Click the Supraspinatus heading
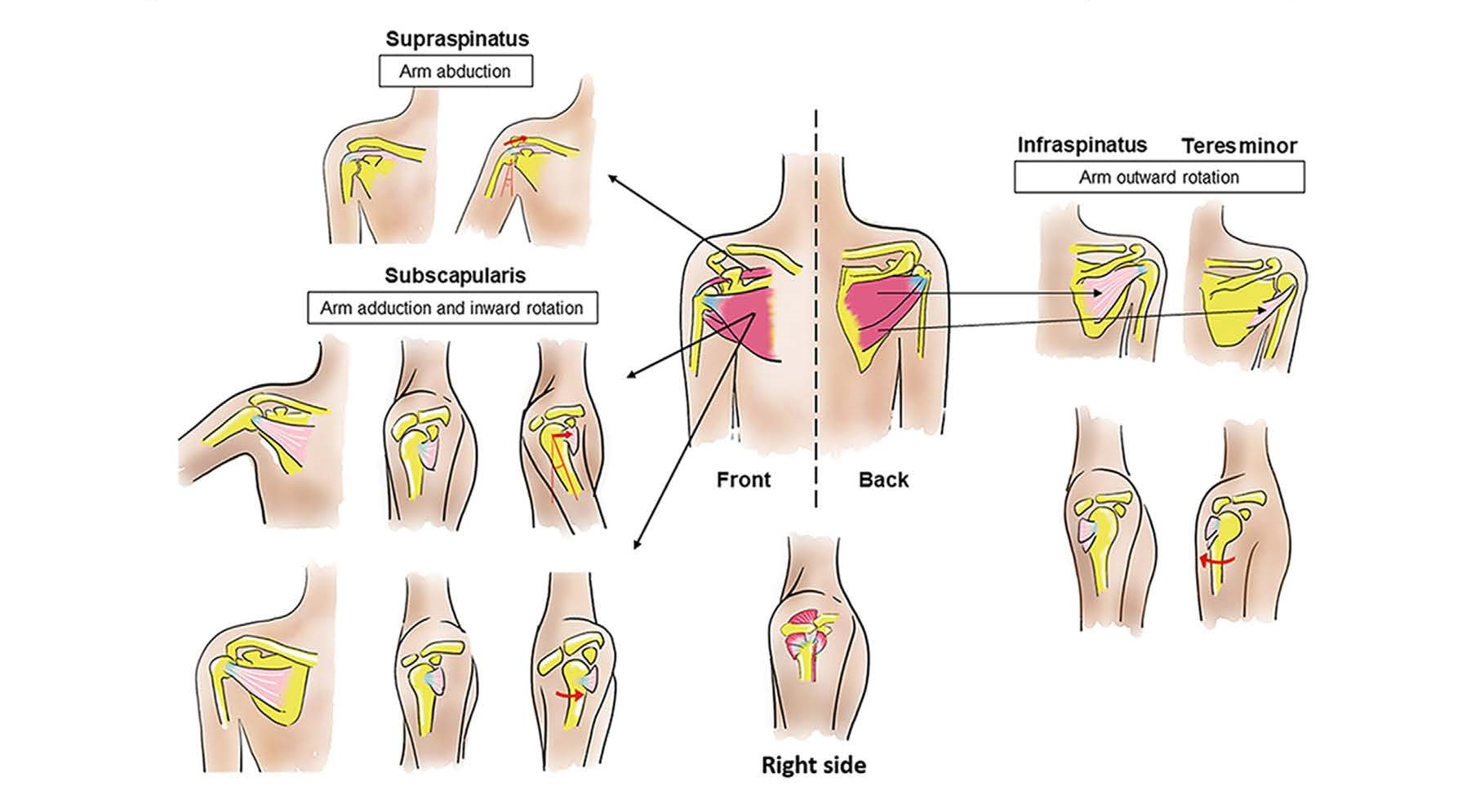pos(457,39)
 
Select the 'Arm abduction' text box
pos(456,71)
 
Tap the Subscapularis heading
pos(455,276)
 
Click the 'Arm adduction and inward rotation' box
pos(451,309)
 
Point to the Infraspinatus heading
pos(1082,145)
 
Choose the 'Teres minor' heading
pos(1238,146)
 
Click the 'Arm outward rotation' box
pos(1158,177)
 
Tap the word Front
pos(743,479)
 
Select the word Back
pos(883,479)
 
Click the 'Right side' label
pos(813,765)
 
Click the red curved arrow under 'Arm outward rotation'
pos(1216,562)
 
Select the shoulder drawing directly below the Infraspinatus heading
pos(1102,282)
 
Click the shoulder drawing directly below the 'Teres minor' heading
pos(1242,286)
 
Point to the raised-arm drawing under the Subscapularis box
pos(261,433)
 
